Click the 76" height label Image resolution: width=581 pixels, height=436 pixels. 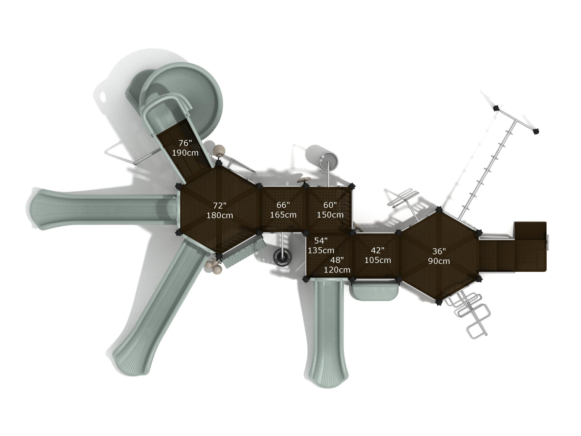click(185, 143)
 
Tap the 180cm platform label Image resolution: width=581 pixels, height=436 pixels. click(220, 216)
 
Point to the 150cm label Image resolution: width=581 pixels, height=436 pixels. click(330, 215)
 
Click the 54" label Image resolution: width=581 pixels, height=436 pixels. click(321, 240)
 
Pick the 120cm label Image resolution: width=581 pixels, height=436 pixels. click(337, 270)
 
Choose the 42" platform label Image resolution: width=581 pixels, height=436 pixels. click(377, 250)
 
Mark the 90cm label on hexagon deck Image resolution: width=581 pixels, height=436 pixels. click(439, 261)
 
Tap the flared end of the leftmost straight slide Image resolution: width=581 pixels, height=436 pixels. click(39, 209)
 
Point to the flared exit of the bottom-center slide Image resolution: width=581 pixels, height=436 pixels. click(327, 373)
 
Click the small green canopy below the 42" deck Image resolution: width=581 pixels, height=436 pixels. click(375, 291)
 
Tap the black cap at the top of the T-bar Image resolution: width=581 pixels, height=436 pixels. click(496, 108)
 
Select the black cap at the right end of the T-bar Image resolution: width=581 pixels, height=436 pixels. click(536, 131)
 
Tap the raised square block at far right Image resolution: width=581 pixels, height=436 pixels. click(530, 230)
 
